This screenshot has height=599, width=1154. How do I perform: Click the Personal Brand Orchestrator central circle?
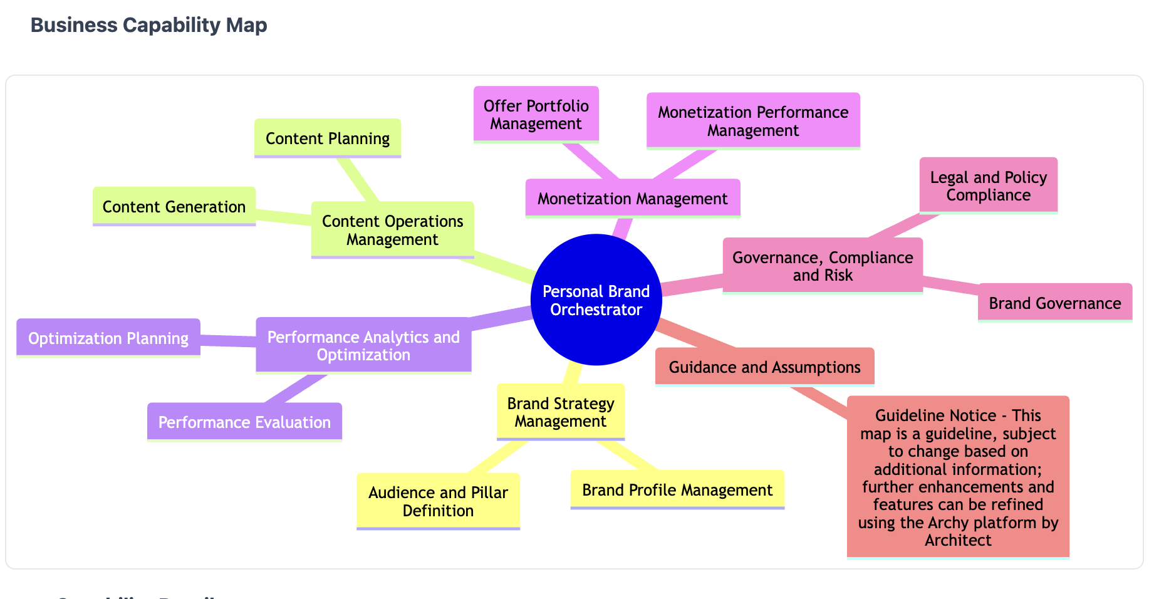coord(596,299)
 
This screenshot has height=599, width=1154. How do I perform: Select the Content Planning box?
coord(327,138)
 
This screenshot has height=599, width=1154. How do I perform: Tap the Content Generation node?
coord(174,206)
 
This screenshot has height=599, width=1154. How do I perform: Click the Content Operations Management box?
coord(392,230)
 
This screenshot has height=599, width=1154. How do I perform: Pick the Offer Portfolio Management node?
coord(536,115)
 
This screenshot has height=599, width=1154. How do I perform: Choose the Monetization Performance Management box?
coord(752,121)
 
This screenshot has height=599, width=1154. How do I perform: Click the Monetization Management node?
coord(632,199)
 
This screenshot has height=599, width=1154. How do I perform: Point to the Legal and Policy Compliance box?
coord(988,185)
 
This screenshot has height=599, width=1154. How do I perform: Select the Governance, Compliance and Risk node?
coord(822,266)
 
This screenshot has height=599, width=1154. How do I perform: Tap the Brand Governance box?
coord(1054,303)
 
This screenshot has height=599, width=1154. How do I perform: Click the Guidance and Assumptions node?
coord(764,367)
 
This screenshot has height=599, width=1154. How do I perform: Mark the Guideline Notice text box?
coord(957,477)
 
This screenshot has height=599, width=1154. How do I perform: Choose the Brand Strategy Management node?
coord(560,412)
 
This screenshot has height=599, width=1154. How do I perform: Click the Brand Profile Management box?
coord(677,489)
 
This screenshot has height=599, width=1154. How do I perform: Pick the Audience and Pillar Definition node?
coord(438,501)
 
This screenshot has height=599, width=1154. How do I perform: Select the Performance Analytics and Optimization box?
coord(363,345)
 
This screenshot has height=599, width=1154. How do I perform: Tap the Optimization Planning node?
coord(108,338)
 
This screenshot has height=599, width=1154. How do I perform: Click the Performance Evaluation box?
coord(244,422)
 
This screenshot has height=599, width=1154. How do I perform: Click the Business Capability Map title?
coord(148,25)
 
